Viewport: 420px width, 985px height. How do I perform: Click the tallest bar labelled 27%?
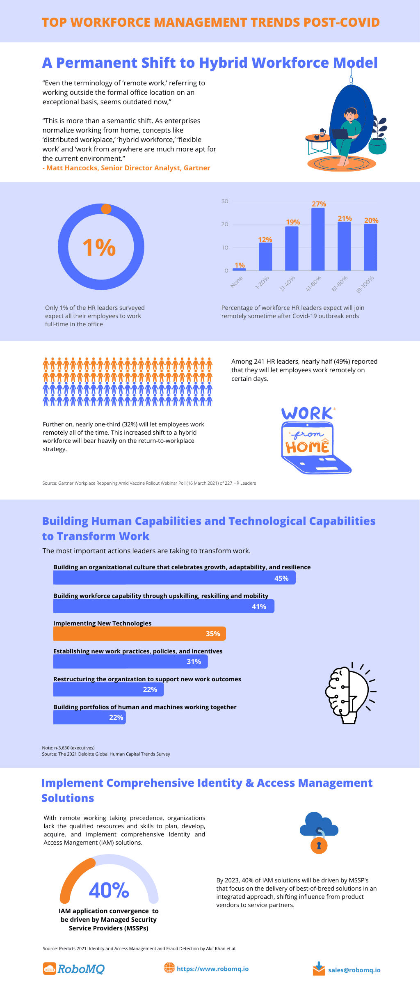[318, 239]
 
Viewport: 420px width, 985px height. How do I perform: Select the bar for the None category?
[239, 269]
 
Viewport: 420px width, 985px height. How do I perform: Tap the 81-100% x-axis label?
[365, 284]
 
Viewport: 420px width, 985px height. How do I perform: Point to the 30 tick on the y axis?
[225, 201]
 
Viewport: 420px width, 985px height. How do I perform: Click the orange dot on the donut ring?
[106, 209]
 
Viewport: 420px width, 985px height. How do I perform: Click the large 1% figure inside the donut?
[99, 247]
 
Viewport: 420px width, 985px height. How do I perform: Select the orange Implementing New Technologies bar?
[139, 634]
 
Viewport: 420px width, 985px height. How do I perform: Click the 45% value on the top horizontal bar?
[281, 578]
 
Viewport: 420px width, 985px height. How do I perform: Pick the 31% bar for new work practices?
[130, 662]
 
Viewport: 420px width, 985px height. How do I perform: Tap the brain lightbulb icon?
[349, 693]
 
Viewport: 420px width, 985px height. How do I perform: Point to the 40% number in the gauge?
[109, 890]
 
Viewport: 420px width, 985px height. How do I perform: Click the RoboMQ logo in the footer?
[74, 969]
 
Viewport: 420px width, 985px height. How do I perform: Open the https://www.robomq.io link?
[212, 969]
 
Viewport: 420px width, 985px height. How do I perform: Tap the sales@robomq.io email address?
[354, 970]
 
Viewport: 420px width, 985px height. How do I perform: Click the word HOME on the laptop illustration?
[307, 447]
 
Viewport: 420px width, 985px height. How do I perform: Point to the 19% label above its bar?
[293, 222]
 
